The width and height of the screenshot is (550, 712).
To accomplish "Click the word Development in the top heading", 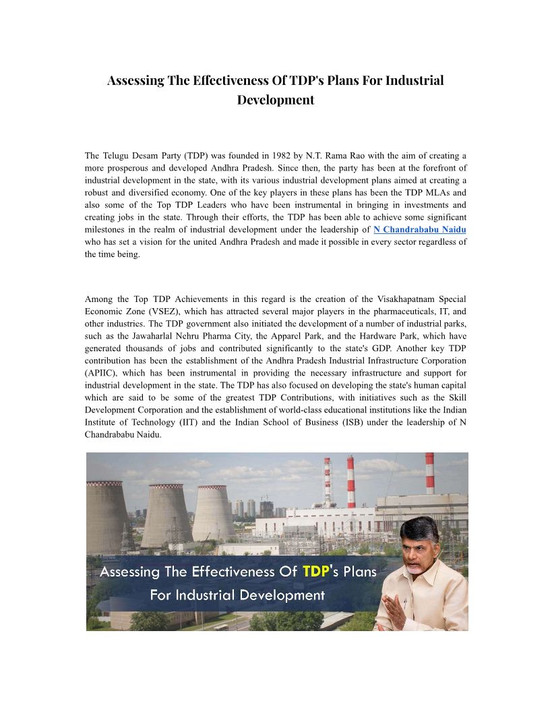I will (x=275, y=100).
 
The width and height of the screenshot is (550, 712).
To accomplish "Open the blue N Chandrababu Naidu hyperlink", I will (x=419, y=230).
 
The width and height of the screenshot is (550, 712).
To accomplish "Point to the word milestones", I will (x=106, y=230).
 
